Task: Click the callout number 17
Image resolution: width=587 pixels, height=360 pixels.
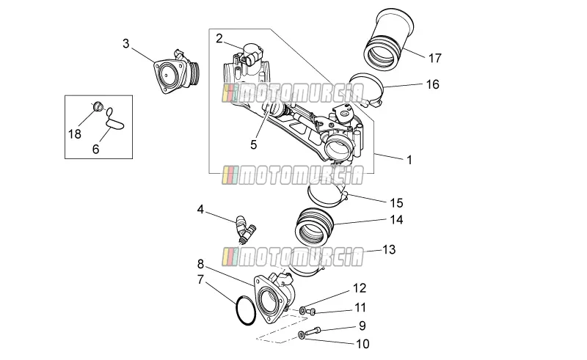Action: pyautogui.click(x=435, y=59)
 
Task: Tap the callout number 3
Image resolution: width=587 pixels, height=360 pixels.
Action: pyautogui.click(x=125, y=43)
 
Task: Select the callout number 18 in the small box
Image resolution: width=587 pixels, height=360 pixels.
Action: pyautogui.click(x=75, y=134)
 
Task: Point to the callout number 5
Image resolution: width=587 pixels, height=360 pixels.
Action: pyautogui.click(x=253, y=145)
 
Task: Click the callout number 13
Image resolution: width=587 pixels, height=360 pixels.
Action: pyautogui.click(x=389, y=249)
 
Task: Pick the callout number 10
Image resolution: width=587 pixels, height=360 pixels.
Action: pyautogui.click(x=362, y=344)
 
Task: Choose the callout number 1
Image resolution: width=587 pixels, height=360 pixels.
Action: pyautogui.click(x=409, y=160)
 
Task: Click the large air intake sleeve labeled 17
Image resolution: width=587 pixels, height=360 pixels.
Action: pyautogui.click(x=389, y=39)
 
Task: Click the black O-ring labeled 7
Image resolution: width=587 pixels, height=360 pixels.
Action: pyautogui.click(x=246, y=311)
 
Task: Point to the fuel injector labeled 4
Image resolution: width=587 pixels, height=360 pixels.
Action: pyautogui.click(x=244, y=229)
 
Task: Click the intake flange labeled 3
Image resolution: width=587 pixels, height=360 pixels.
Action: pyautogui.click(x=176, y=72)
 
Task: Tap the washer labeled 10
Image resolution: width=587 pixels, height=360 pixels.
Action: pyautogui.click(x=302, y=334)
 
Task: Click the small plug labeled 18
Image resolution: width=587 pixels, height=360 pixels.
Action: pyautogui.click(x=98, y=106)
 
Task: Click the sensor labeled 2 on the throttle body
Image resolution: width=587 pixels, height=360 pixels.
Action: pyautogui.click(x=252, y=55)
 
